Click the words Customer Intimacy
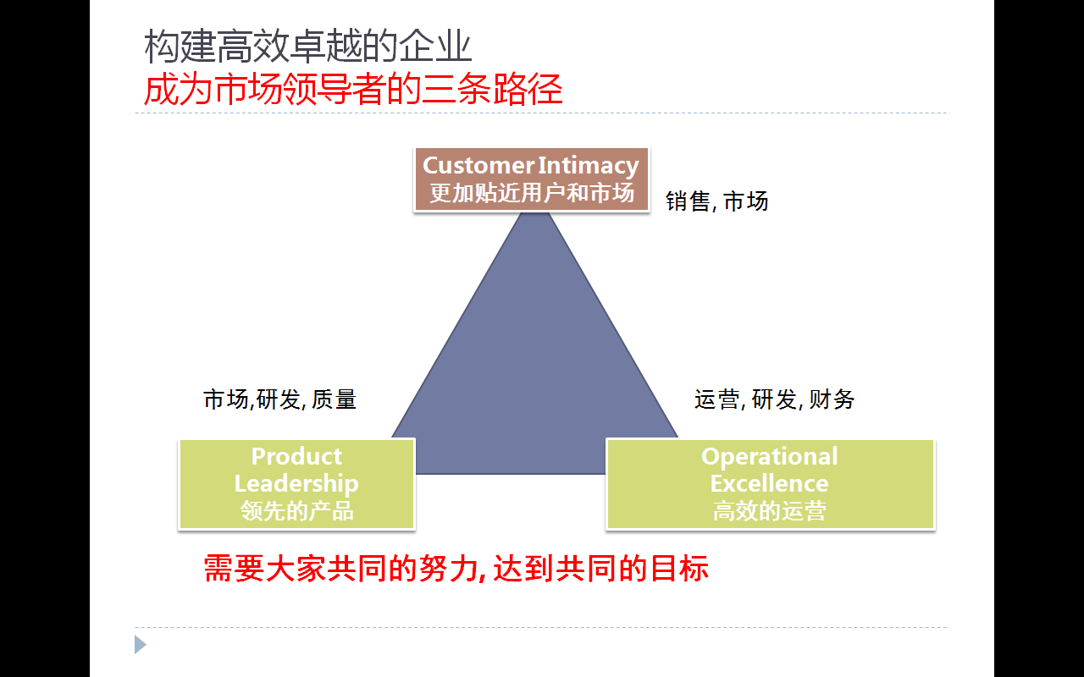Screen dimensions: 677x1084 [531, 165]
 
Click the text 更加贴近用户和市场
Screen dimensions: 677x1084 [531, 193]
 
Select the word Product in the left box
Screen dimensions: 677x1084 [296, 456]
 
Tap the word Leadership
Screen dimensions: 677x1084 [296, 483]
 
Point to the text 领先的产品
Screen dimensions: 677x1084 [296, 510]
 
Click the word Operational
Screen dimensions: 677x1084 [769, 456]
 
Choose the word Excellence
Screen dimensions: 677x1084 [769, 483]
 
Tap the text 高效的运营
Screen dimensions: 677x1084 [769, 510]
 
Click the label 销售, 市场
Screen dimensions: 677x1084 [716, 201]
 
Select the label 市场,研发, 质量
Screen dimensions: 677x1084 [279, 399]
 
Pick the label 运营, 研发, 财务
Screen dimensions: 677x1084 [774, 399]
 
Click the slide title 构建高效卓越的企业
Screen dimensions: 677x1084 [307, 47]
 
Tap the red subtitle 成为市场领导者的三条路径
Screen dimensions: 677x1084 [353, 90]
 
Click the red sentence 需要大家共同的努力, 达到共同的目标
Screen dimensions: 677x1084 [456, 569]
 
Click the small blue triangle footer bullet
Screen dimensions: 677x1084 [140, 645]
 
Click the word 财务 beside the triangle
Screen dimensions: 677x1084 [832, 399]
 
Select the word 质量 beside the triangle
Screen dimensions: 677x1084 [334, 399]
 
